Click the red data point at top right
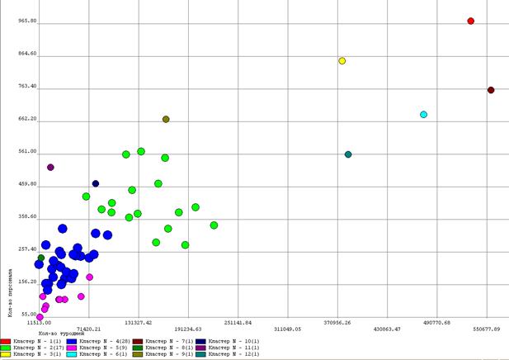point(470,21)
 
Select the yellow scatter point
point(342,60)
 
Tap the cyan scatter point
point(423,114)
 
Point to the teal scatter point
point(348,154)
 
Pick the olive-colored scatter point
point(166,119)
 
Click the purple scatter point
point(50,167)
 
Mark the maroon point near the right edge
point(490,90)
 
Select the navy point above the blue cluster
point(96,183)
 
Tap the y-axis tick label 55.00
point(29,315)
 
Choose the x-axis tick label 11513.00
point(38,322)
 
